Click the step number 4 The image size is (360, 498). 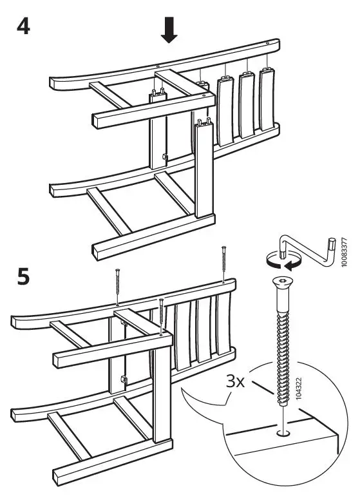pyautogui.click(x=23, y=30)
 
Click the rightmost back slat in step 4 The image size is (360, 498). pyautogui.click(x=265, y=103)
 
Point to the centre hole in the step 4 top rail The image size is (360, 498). pyautogui.click(x=157, y=65)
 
